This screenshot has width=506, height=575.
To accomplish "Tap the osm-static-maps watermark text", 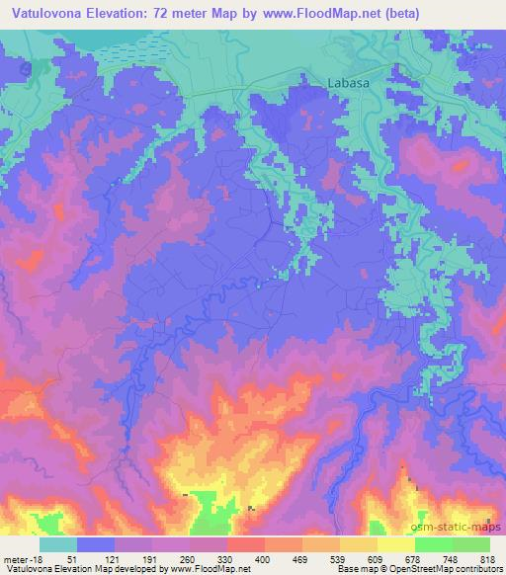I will [x=464, y=526].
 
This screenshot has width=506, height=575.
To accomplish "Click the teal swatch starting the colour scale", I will [x=57, y=544].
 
